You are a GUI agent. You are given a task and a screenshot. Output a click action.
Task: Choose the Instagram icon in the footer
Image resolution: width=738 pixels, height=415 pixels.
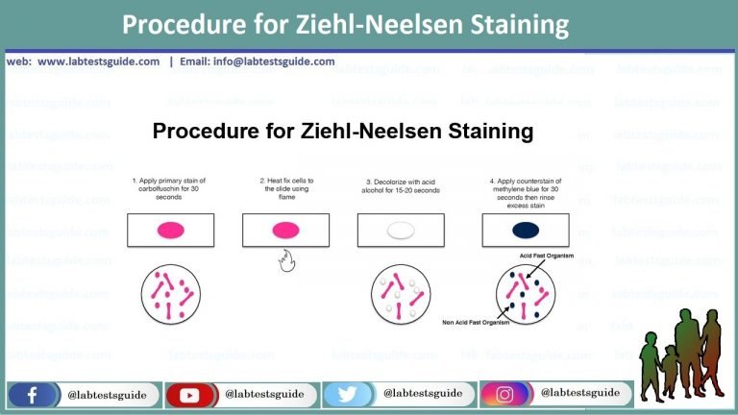509,394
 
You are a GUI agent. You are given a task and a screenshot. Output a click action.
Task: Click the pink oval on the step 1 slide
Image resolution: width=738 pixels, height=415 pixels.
170,230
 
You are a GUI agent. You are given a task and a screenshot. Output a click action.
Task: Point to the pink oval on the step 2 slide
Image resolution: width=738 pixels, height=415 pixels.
285,230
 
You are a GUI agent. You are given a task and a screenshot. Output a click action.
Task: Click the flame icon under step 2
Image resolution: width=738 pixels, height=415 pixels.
285,259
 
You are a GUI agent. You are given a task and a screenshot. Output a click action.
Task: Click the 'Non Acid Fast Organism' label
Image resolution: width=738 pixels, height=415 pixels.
476,322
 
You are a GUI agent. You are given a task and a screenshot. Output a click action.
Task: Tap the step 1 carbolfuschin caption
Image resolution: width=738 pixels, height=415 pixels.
170,187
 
